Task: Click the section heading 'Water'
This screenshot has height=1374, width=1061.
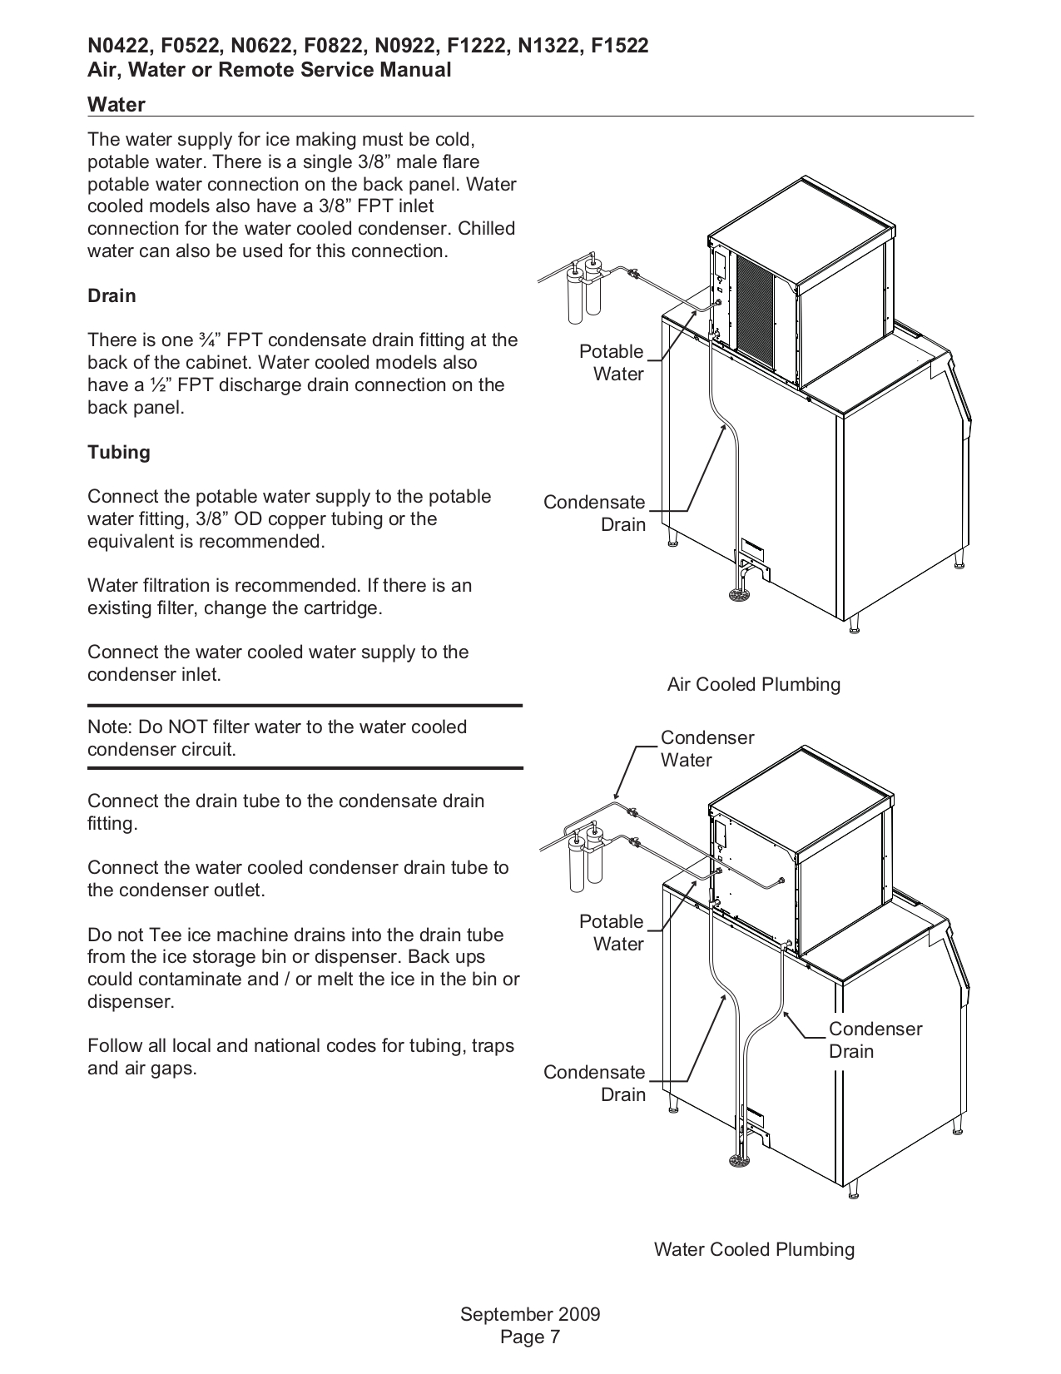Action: [x=117, y=105]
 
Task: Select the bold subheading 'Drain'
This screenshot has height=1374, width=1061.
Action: [x=112, y=296]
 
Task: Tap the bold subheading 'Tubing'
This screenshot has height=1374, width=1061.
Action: [x=119, y=453]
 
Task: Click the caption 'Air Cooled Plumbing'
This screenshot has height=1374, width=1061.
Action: [x=753, y=685]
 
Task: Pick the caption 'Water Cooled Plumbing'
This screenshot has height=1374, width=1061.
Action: [x=753, y=1250]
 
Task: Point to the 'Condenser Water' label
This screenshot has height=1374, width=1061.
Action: [x=707, y=749]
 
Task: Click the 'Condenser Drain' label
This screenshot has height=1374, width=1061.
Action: [x=875, y=1040]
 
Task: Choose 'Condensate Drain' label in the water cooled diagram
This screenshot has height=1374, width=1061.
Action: [x=595, y=1084]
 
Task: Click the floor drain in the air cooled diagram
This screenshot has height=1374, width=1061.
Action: [x=738, y=595]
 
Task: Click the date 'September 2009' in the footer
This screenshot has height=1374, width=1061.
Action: [x=530, y=1315]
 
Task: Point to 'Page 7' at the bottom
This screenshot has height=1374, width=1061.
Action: [x=530, y=1337]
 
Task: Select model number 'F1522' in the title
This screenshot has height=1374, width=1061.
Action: [x=619, y=47]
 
